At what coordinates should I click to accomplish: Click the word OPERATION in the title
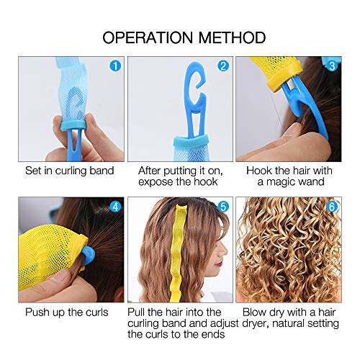(148, 37)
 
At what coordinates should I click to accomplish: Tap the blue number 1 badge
(115, 66)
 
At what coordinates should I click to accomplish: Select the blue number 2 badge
(223, 66)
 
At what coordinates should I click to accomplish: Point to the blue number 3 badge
(332, 66)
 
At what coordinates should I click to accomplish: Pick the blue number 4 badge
(115, 207)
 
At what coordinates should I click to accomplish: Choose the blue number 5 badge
(223, 207)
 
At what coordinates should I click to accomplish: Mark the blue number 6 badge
(332, 207)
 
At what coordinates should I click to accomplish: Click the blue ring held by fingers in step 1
(73, 125)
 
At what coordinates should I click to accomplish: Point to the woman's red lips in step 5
(218, 264)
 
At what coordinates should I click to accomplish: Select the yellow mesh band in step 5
(180, 252)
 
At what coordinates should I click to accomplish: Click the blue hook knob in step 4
(88, 257)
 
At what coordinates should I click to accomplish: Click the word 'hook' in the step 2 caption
(205, 181)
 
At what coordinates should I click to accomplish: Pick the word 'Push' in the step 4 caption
(35, 312)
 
